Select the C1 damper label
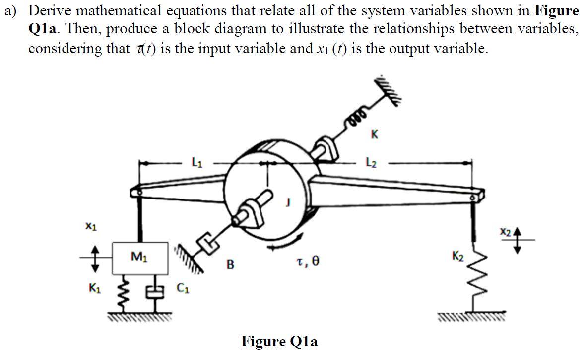click(183, 287)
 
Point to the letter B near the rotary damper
click(230, 263)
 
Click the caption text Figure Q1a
click(279, 342)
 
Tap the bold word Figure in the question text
click(556, 11)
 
